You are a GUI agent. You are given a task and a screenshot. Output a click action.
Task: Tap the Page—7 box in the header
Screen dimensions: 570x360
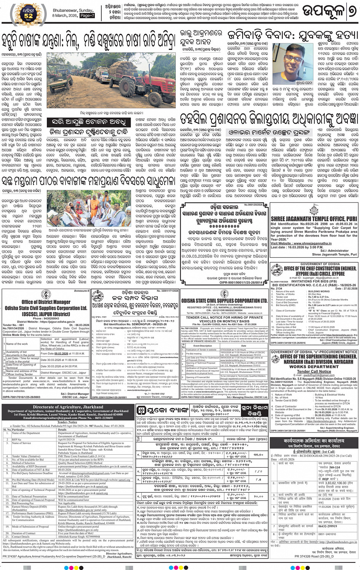tap(87, 16)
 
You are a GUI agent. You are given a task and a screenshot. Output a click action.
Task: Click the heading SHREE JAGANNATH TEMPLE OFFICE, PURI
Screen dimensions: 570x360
tap(314, 219)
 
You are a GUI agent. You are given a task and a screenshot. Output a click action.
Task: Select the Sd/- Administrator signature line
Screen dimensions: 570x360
tap(334, 251)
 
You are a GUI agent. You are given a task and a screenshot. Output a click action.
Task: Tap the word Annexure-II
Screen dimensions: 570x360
tap(81, 291)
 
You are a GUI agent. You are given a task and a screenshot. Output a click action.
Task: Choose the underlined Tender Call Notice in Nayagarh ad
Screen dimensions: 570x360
tap(314, 371)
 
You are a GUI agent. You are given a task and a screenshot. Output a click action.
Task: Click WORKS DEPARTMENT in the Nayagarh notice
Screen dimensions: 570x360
tap(314, 367)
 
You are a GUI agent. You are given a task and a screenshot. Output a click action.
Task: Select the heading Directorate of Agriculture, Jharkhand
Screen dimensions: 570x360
tap(68, 407)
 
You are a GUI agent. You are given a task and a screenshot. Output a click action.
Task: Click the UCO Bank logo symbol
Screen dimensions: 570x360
tap(141, 410)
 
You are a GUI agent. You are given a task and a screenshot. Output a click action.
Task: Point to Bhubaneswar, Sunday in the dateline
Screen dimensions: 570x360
tap(72, 10)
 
